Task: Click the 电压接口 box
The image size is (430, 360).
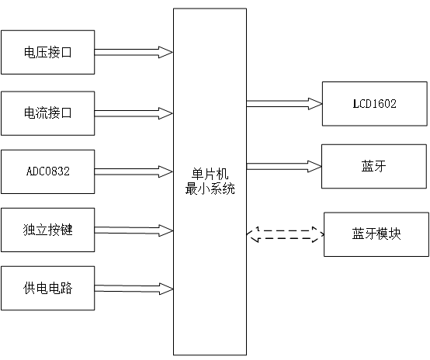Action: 48,52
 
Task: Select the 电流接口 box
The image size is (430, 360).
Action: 48,112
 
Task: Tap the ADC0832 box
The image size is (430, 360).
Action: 48,171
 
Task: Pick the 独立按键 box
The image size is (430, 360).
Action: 48,230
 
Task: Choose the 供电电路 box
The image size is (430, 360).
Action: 48,288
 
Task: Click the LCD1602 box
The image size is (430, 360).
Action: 375,102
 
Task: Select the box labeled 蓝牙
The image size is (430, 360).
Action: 375,165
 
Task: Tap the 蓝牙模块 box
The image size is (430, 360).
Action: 375,234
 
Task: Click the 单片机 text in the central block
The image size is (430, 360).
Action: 210,174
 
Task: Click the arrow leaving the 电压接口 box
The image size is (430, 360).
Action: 134,52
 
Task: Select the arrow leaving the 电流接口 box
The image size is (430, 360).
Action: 134,112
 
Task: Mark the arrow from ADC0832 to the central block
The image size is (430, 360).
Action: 134,171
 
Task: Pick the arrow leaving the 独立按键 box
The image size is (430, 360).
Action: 134,230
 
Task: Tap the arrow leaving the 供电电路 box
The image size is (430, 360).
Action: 134,288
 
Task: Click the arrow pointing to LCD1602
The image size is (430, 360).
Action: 284,102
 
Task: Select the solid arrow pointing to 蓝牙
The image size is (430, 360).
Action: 284,165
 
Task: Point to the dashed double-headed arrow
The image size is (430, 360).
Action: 284,232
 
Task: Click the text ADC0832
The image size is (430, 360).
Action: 48,171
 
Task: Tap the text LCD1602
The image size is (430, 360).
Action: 375,102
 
